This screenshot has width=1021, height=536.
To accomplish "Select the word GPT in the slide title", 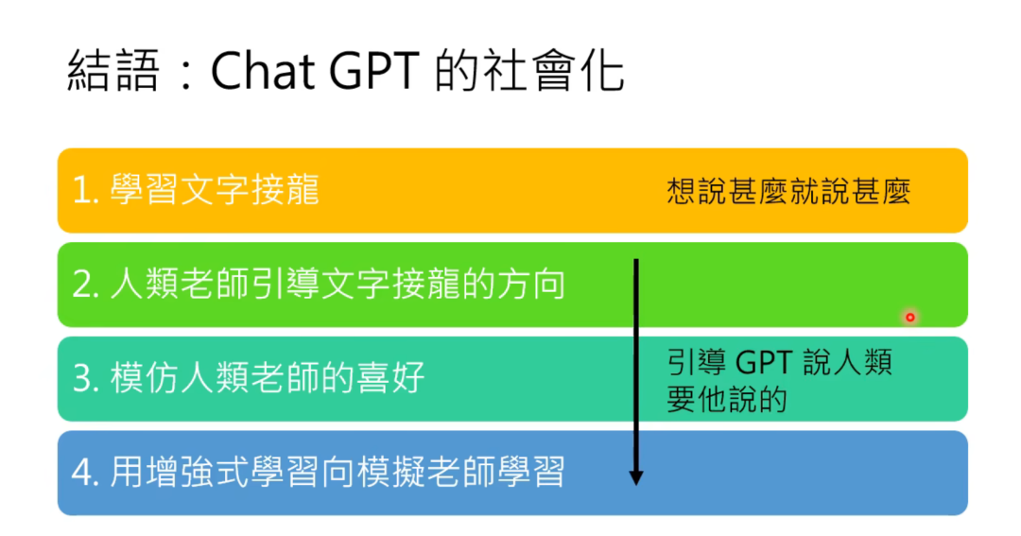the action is tap(373, 70).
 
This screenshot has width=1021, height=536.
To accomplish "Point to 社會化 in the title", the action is tap(553, 70).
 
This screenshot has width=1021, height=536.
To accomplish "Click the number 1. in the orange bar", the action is tap(86, 191).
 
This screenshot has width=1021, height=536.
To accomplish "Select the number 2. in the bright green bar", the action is tap(86, 285).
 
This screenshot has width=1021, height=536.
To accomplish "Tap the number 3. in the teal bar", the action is tap(86, 378).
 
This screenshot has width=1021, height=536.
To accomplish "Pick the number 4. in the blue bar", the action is tap(86, 473).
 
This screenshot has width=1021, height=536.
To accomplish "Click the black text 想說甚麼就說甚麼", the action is tap(788, 192).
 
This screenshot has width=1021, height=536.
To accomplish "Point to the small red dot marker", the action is tap(909, 318).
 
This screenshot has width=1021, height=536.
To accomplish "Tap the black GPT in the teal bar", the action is tap(764, 362).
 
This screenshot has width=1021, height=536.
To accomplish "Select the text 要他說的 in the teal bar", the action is tap(727, 399).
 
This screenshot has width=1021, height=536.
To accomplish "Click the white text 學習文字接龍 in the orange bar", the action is tap(215, 190).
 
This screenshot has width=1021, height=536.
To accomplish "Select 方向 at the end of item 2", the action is tap(531, 285).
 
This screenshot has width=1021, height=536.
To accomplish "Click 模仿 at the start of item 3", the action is tap(145, 378).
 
